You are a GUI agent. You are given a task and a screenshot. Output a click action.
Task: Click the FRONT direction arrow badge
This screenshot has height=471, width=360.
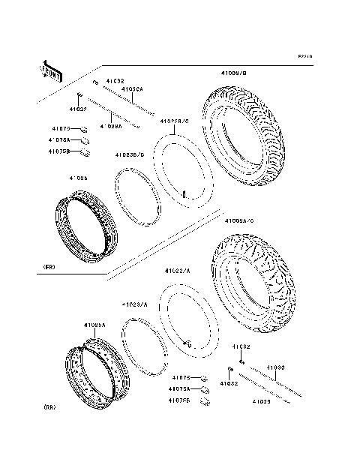pyautogui.click(x=49, y=71)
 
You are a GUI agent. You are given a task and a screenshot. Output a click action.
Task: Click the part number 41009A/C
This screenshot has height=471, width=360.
pyautogui.click(x=239, y=221)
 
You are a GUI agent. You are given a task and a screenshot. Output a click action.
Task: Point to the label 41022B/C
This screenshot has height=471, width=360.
pyautogui.click(x=175, y=121)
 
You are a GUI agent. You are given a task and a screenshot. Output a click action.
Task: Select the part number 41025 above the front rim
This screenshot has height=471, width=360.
pyautogui.click(x=99, y=178)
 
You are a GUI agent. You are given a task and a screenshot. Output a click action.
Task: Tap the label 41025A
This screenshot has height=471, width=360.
pyautogui.click(x=95, y=325)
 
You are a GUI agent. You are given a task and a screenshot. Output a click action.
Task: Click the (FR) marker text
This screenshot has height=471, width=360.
pyautogui.click(x=49, y=267)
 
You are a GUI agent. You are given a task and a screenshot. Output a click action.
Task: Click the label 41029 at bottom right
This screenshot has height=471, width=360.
pyautogui.click(x=260, y=402)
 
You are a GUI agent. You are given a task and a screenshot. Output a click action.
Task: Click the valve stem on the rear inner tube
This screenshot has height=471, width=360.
pyautogui.click(x=189, y=344)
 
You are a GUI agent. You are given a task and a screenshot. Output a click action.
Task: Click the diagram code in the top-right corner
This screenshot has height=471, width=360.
pyautogui.click(x=304, y=56)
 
